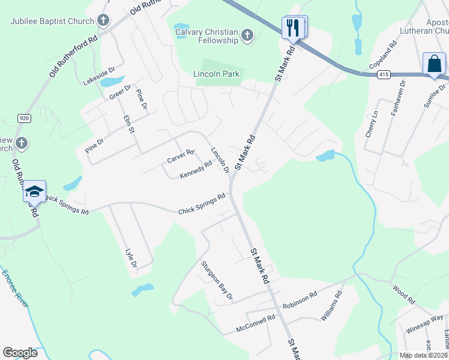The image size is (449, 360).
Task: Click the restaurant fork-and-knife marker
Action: (x=294, y=28)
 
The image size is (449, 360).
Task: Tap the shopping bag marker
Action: (x=434, y=64)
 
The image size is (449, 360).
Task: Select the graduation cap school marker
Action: (x=34, y=192)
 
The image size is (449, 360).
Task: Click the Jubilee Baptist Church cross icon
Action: (x=103, y=21)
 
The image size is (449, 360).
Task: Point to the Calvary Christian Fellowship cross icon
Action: (x=247, y=35)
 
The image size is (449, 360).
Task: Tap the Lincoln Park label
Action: (x=216, y=74)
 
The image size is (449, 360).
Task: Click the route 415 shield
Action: (x=383, y=74)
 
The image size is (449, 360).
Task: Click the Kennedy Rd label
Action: (x=196, y=170)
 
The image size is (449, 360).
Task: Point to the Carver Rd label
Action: (x=180, y=156)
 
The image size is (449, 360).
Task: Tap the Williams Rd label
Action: (x=331, y=305)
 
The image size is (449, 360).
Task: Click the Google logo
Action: (x=20, y=353)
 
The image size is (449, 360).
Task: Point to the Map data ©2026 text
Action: (x=423, y=355)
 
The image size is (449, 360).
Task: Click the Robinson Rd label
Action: (x=300, y=300)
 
